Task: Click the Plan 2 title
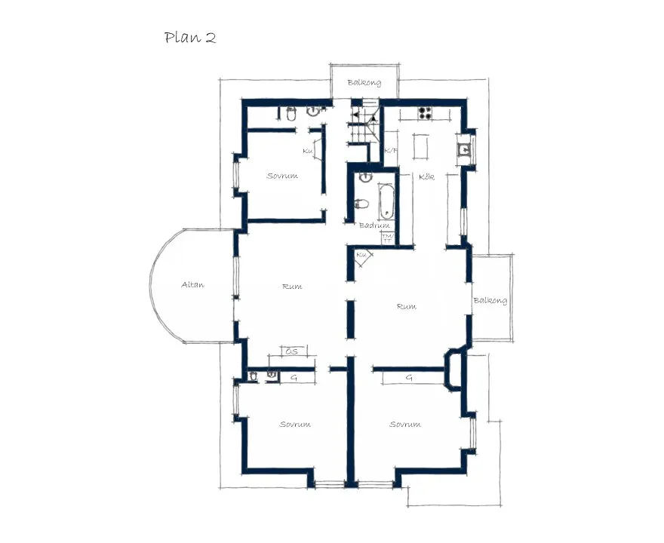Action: pos(190,38)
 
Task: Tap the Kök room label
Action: pos(427,176)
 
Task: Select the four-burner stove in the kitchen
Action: pos(425,115)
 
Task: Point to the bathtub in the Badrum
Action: pos(386,201)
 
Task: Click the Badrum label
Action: pos(374,225)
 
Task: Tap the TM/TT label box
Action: pos(388,238)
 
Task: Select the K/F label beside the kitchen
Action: pos(391,151)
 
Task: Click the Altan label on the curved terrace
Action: pos(193,285)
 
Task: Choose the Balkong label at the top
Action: pos(364,83)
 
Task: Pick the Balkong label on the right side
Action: pos(490,301)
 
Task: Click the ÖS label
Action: pos(291,351)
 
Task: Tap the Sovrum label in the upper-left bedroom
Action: pos(282,176)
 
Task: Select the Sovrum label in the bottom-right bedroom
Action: pos(404,425)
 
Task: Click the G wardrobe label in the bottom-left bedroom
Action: pos(294,376)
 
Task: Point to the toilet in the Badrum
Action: pos(361,203)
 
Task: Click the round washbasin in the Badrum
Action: pos(365,178)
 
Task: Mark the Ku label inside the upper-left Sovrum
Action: pos(307,152)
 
